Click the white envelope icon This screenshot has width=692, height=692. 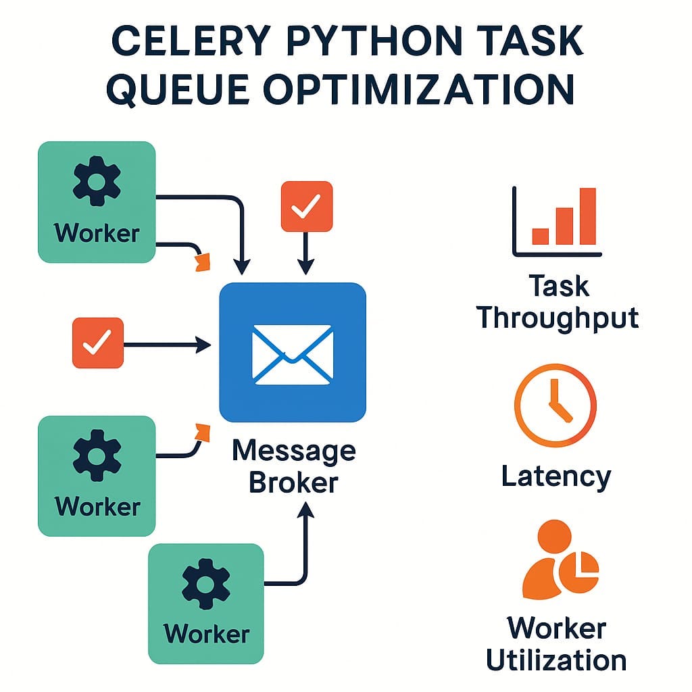click(x=293, y=353)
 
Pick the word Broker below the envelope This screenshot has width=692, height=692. click(x=293, y=483)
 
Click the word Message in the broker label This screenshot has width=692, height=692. click(x=293, y=451)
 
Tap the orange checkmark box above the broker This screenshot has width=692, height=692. click(x=306, y=207)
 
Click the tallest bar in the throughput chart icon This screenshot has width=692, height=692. click(x=587, y=216)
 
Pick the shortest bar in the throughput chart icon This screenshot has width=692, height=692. click(x=541, y=235)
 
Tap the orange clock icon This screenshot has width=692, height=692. click(x=555, y=406)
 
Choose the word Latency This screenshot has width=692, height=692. click(x=555, y=476)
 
